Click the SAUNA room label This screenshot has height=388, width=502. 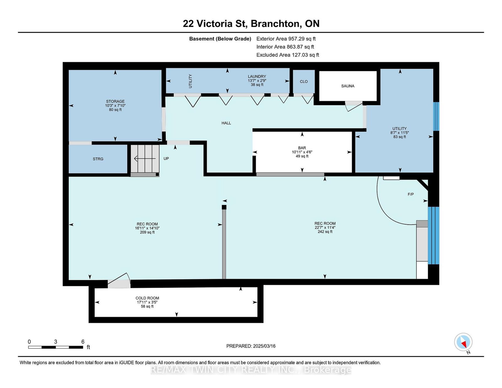347,86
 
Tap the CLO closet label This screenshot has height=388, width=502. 304,82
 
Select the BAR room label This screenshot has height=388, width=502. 302,148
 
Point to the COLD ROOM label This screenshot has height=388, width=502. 147,298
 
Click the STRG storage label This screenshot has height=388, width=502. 98,159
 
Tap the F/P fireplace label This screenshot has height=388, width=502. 410,194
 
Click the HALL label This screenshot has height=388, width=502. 226,123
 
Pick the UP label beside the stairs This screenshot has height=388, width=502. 166,159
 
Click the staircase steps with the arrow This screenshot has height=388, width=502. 145,159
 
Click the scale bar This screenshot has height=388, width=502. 56,347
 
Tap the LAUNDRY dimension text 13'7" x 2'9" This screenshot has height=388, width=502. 257,81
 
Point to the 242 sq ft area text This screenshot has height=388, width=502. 325,232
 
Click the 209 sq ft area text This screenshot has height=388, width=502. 147,232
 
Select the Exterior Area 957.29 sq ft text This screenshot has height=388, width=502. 286,39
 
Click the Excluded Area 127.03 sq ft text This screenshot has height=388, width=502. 288,55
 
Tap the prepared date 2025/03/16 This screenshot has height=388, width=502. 264,346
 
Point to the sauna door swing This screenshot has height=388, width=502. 354,107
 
